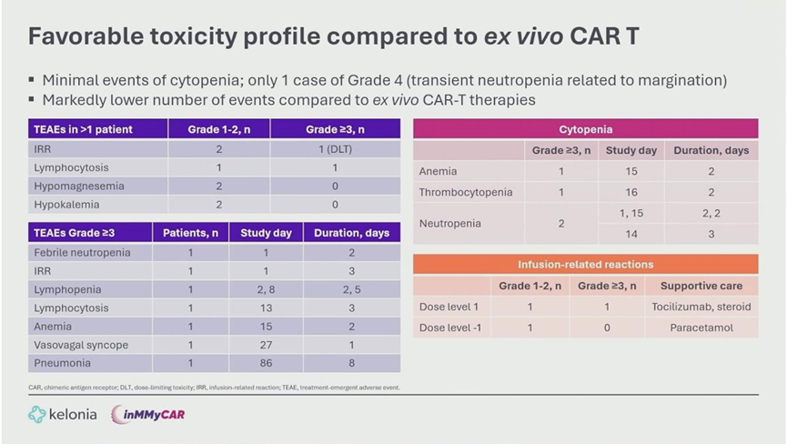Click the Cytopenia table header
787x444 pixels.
click(x=585, y=129)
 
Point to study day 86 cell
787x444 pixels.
click(x=266, y=362)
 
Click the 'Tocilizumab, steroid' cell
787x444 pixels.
click(x=701, y=307)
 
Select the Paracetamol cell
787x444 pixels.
click(x=701, y=327)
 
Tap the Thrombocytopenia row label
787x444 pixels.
click(x=466, y=192)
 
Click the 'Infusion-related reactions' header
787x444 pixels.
click(x=585, y=265)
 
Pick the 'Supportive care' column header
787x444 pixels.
click(x=701, y=286)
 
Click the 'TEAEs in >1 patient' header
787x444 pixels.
click(x=84, y=129)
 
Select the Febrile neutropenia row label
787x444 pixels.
click(x=82, y=252)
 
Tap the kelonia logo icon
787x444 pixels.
click(x=37, y=415)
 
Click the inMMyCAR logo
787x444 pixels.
click(x=148, y=415)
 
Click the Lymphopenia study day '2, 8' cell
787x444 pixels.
click(x=266, y=289)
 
